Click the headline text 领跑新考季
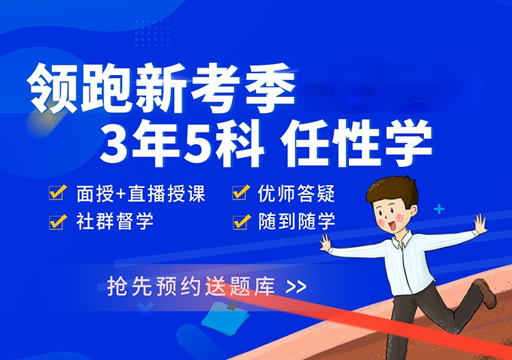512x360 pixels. click(162, 88)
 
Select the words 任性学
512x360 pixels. click(356, 143)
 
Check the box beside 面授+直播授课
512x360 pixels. click(57, 192)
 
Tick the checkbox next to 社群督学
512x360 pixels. click(57, 222)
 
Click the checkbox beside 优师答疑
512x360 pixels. click(241, 192)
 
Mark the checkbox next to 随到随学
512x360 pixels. click(241, 222)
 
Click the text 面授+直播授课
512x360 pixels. click(141, 193)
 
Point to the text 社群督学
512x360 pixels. click(115, 221)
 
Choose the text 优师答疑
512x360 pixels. click(296, 193)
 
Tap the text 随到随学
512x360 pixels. click(297, 221)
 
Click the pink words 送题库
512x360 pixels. click(240, 286)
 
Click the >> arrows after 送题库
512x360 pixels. click(296, 287)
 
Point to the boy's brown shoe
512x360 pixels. click(485, 293)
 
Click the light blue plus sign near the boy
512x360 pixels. click(439, 209)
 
